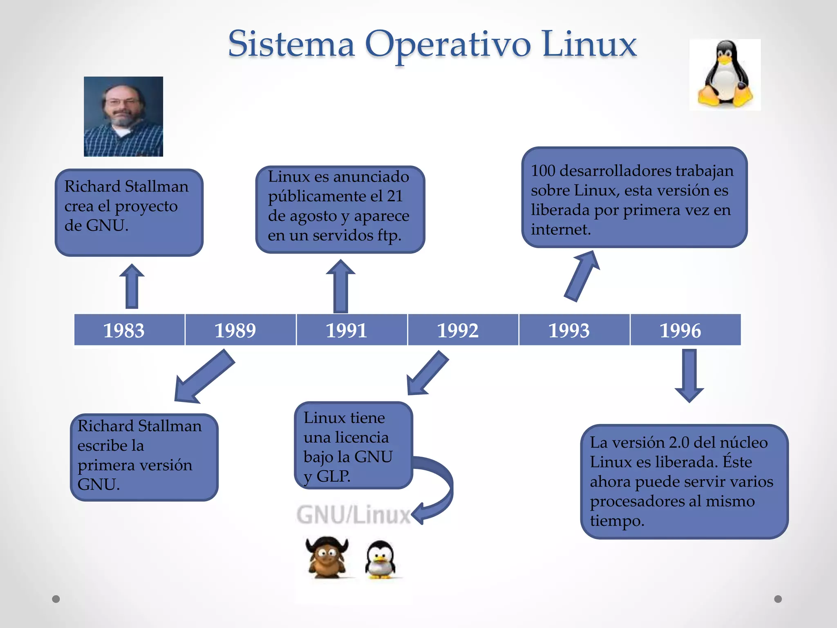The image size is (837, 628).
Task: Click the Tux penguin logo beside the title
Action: [x=725, y=74]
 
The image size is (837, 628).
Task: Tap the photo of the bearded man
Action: [x=123, y=117]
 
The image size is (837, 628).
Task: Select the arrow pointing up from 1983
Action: [x=132, y=286]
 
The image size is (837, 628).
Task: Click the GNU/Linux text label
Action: [x=353, y=514]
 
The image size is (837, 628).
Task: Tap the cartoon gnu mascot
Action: [x=327, y=557]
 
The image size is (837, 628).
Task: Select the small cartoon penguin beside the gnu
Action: [x=380, y=559]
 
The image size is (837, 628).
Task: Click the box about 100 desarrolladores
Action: [x=634, y=197]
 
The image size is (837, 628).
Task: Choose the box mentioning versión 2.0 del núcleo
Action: [x=684, y=481]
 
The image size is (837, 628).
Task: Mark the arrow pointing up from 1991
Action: [x=340, y=286]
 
